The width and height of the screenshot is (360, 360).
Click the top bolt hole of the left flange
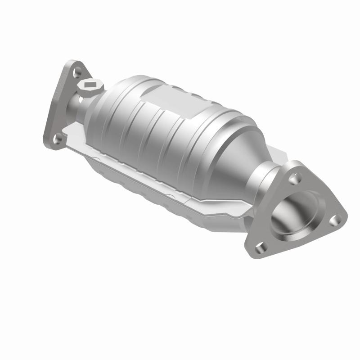(77, 71)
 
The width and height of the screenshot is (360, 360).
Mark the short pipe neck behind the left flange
(74, 106)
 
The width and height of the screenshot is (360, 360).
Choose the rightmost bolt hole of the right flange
(333, 220)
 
